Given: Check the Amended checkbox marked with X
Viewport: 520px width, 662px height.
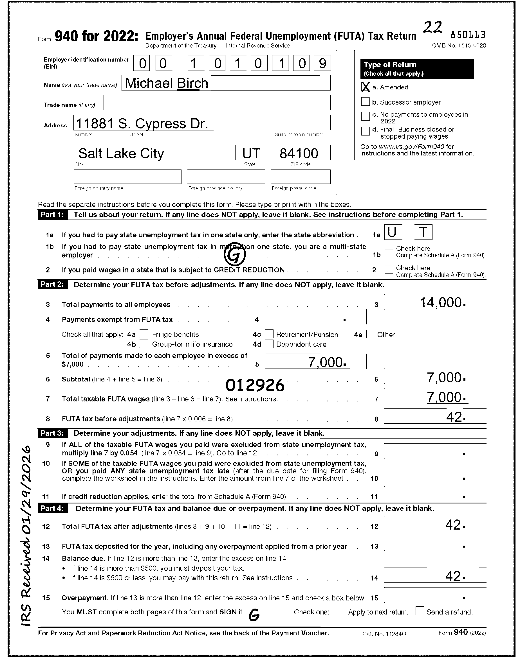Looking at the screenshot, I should [x=365, y=87].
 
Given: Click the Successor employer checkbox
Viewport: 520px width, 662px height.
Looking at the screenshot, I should [x=365, y=101].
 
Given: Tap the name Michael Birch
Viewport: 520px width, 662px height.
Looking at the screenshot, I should [x=167, y=83].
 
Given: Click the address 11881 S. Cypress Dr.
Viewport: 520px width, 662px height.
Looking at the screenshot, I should [x=142, y=123].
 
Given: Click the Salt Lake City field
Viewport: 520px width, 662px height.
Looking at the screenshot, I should [x=121, y=153].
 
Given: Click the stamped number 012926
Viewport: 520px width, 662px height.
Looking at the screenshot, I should [x=255, y=386].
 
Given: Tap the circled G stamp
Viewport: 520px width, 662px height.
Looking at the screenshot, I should [x=234, y=256].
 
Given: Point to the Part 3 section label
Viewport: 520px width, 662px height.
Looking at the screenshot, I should [x=52, y=433].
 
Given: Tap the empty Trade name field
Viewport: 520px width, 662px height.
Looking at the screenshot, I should [x=217, y=103].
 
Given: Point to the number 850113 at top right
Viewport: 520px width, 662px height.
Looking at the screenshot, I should [x=468, y=35].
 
